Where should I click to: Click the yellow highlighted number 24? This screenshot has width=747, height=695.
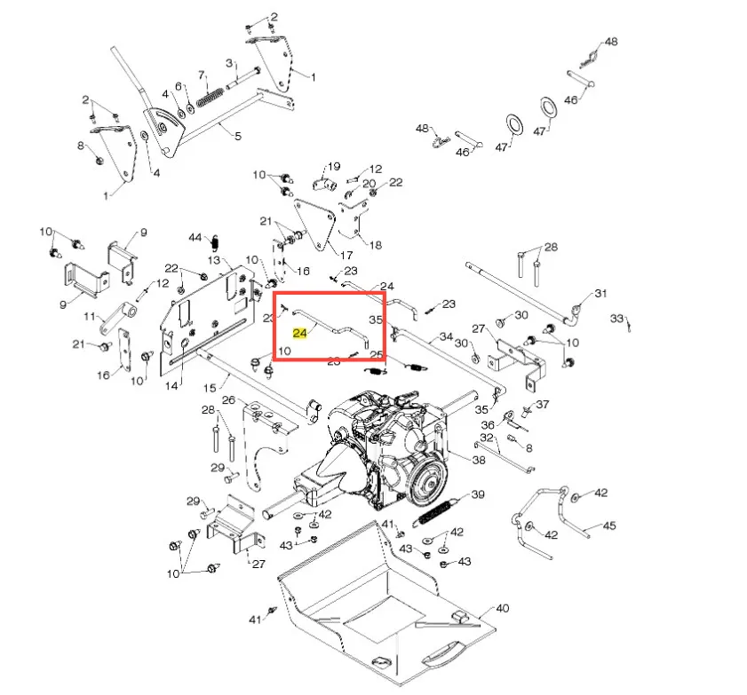pyautogui.click(x=299, y=333)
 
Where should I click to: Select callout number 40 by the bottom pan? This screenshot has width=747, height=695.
pyautogui.click(x=503, y=608)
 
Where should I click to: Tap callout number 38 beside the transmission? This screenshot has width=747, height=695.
pyautogui.click(x=479, y=460)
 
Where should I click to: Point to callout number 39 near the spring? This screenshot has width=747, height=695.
pyautogui.click(x=478, y=494)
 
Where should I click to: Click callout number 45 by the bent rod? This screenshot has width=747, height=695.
pyautogui.click(x=609, y=525)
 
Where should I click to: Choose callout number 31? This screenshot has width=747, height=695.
pyautogui.click(x=600, y=293)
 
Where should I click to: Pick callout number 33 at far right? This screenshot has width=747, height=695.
pyautogui.click(x=617, y=318)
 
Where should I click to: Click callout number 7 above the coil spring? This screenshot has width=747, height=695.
pyautogui.click(x=202, y=75)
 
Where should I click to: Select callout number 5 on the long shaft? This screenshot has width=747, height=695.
pyautogui.click(x=238, y=136)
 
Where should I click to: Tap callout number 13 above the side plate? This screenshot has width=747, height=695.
pyautogui.click(x=214, y=260)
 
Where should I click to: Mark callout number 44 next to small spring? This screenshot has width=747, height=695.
pyautogui.click(x=195, y=237)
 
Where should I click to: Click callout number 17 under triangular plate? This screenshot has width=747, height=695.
pyautogui.click(x=346, y=255)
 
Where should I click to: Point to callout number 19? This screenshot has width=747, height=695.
pyautogui.click(x=334, y=166)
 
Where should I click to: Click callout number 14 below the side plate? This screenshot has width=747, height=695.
pyautogui.click(x=171, y=385)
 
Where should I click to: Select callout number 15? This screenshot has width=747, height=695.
pyautogui.click(x=210, y=388)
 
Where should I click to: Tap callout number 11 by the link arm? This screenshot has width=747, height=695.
pyautogui.click(x=90, y=316)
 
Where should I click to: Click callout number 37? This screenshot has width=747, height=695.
pyautogui.click(x=543, y=404)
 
